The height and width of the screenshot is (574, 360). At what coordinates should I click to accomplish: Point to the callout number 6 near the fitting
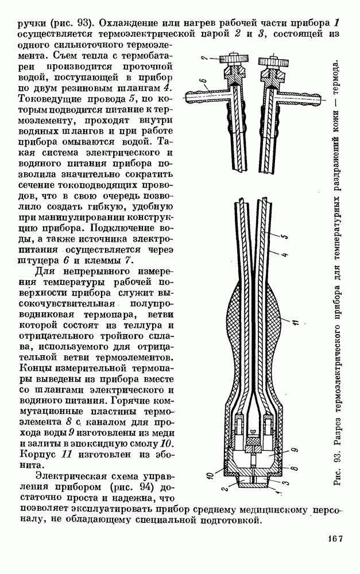point(203,81)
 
